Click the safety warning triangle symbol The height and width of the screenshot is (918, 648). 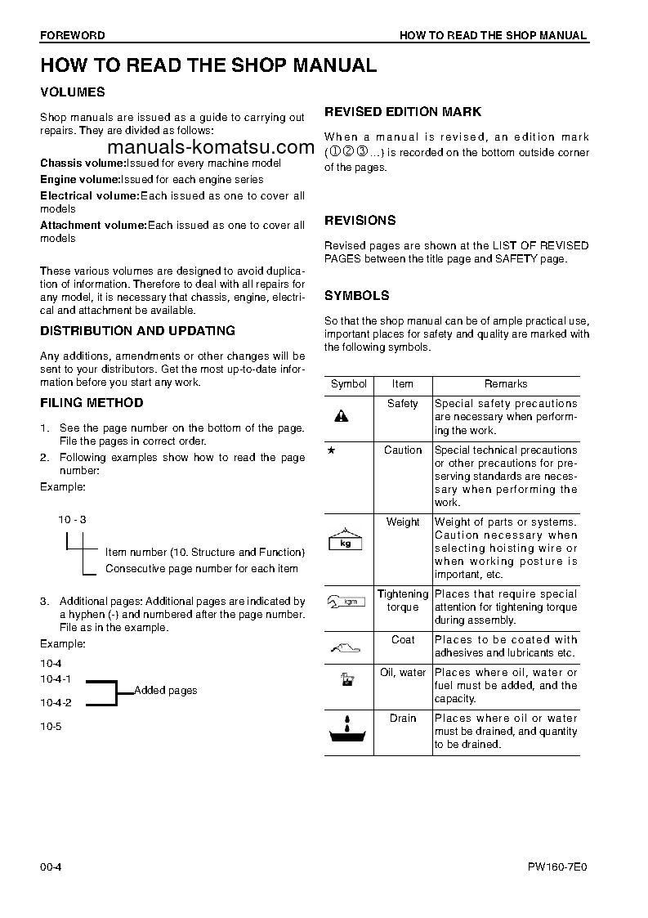point(341,416)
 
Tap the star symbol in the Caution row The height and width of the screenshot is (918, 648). point(331,450)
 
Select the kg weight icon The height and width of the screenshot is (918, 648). point(345,540)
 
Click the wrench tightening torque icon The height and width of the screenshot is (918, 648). point(345,602)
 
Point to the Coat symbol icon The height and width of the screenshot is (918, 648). point(346,649)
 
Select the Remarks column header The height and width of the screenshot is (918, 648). point(506,384)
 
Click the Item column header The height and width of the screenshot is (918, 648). point(402,384)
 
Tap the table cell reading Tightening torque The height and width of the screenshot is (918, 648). point(402,601)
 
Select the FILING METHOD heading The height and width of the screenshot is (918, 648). point(92,403)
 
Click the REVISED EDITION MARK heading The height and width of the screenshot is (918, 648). point(403,112)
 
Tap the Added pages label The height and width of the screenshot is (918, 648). point(165,691)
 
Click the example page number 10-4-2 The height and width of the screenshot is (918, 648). point(56,702)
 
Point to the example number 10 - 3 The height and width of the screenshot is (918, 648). point(72,519)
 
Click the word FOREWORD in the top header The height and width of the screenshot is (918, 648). point(72,35)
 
